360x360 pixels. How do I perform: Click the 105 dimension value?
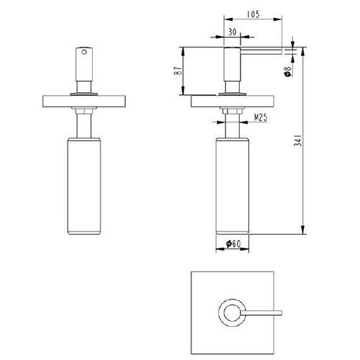pos(253,14)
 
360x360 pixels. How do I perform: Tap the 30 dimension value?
pos(232,32)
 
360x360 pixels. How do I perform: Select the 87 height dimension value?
pos(179,71)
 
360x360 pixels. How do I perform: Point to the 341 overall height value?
pos(297,140)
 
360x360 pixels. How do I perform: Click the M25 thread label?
pos(260,117)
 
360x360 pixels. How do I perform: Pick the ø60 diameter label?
pos(233,244)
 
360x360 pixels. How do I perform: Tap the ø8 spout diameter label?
pos(287,71)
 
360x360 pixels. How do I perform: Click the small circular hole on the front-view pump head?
pos(84,52)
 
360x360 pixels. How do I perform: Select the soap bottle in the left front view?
pos(84,186)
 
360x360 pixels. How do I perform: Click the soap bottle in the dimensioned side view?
pos(233,186)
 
